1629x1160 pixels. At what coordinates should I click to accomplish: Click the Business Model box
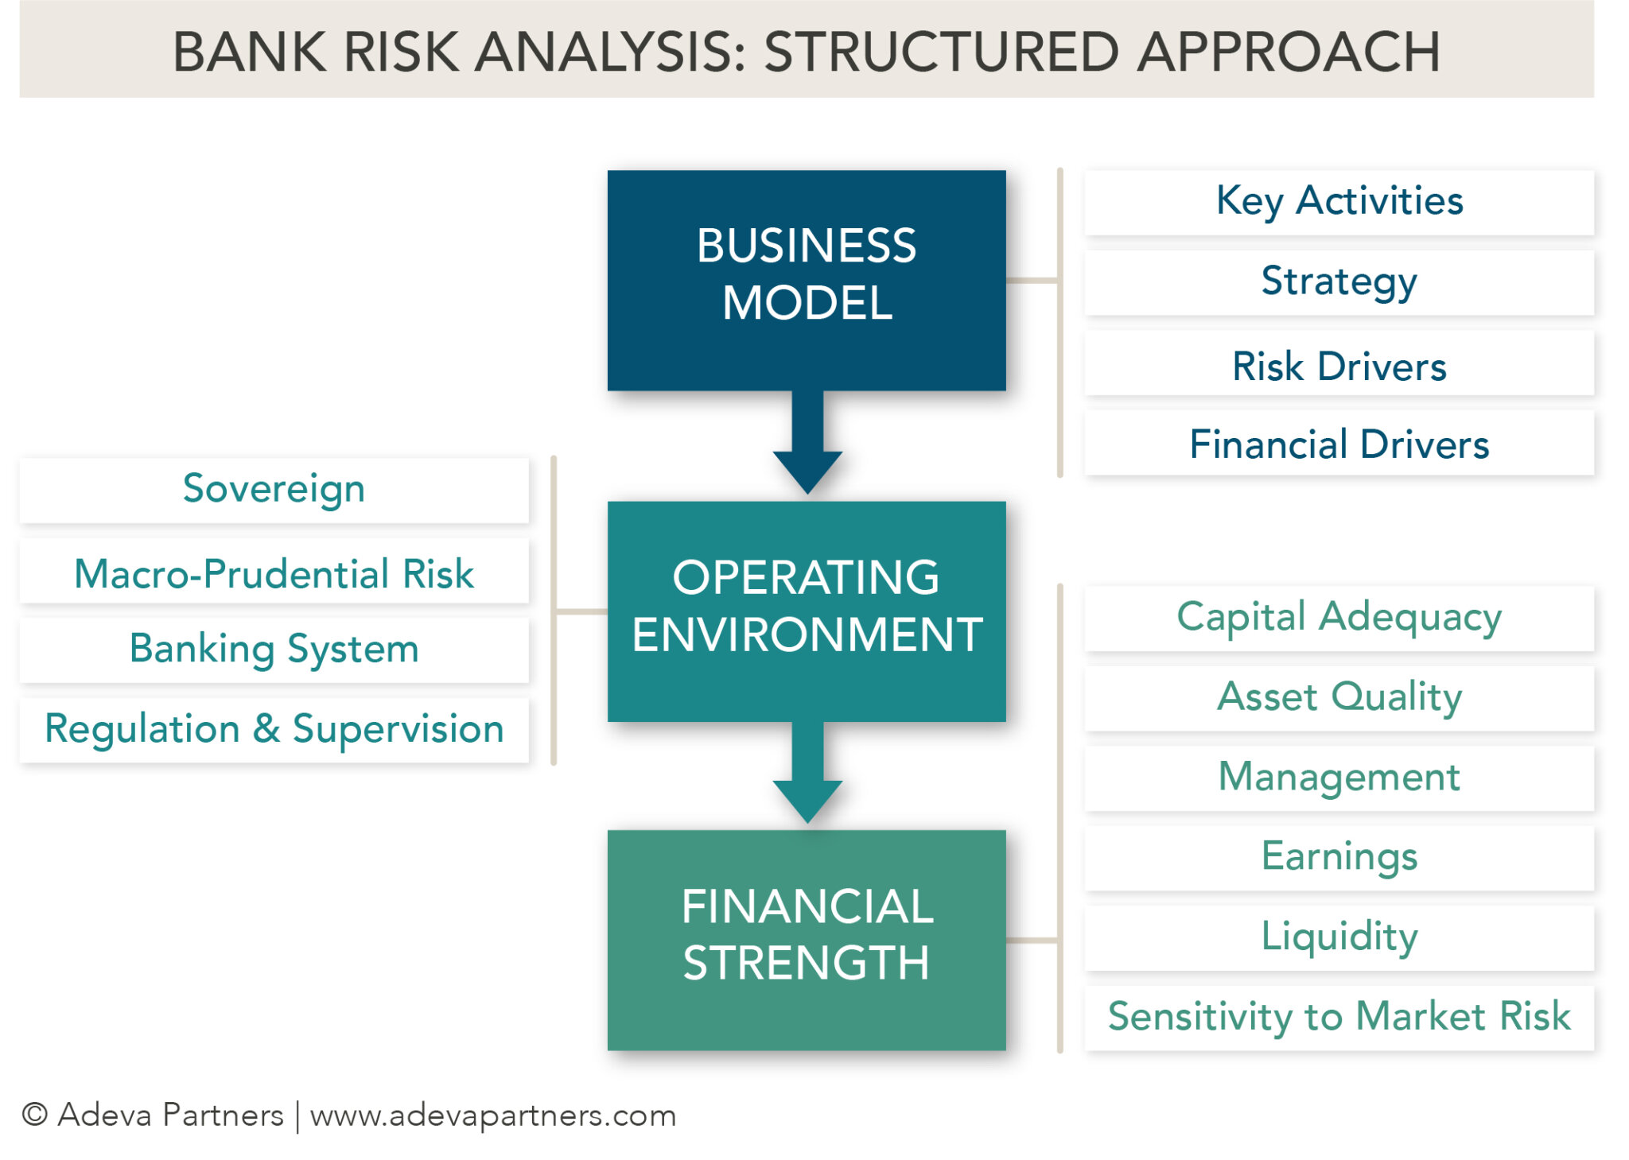[806, 280]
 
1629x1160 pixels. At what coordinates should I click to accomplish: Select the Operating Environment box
[806, 611]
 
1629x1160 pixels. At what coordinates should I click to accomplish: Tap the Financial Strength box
[806, 940]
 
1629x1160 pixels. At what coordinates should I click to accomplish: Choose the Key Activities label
[1339, 201]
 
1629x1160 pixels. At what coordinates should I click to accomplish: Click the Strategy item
[1339, 281]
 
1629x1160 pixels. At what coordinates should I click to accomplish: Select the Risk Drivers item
[1339, 366]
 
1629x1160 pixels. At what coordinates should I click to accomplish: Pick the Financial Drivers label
[1339, 444]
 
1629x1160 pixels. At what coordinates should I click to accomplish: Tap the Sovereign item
[274, 489]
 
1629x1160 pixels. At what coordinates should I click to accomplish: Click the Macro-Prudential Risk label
[274, 573]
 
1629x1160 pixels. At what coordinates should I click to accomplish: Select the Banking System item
[274, 649]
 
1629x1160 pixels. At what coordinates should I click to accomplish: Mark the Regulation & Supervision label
[274, 729]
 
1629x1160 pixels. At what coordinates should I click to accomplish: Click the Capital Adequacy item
[1339, 618]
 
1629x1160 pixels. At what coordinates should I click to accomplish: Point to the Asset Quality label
[1339, 697]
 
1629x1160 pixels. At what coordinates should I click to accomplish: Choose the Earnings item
[1339, 857]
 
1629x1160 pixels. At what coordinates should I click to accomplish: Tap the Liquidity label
[1339, 937]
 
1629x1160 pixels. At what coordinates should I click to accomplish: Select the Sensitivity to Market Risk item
[1339, 1017]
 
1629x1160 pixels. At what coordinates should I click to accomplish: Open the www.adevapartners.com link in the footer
[492, 1115]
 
